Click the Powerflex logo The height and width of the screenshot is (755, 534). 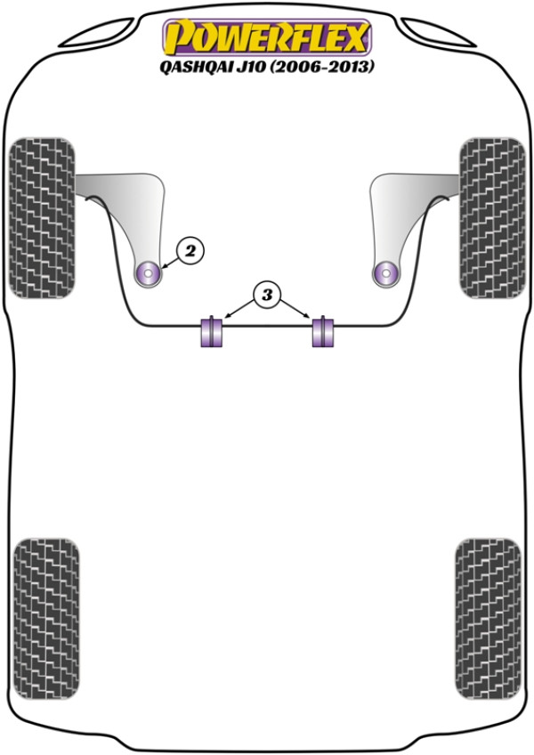(x=268, y=37)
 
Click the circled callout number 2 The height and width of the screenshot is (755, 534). (x=190, y=250)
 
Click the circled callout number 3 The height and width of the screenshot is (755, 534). (x=267, y=294)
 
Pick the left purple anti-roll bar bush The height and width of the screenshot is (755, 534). (x=212, y=330)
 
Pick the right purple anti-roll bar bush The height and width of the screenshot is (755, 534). (x=322, y=330)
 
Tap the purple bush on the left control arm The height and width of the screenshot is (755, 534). (x=149, y=274)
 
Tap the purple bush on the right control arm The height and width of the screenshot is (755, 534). (x=386, y=274)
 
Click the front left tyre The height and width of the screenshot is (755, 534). (x=43, y=218)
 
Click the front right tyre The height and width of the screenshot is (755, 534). (x=492, y=218)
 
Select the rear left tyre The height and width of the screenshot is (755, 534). (x=46, y=619)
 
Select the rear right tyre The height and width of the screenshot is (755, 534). (x=488, y=619)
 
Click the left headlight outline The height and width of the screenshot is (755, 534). (x=99, y=33)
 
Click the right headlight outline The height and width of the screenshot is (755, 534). (x=436, y=33)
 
